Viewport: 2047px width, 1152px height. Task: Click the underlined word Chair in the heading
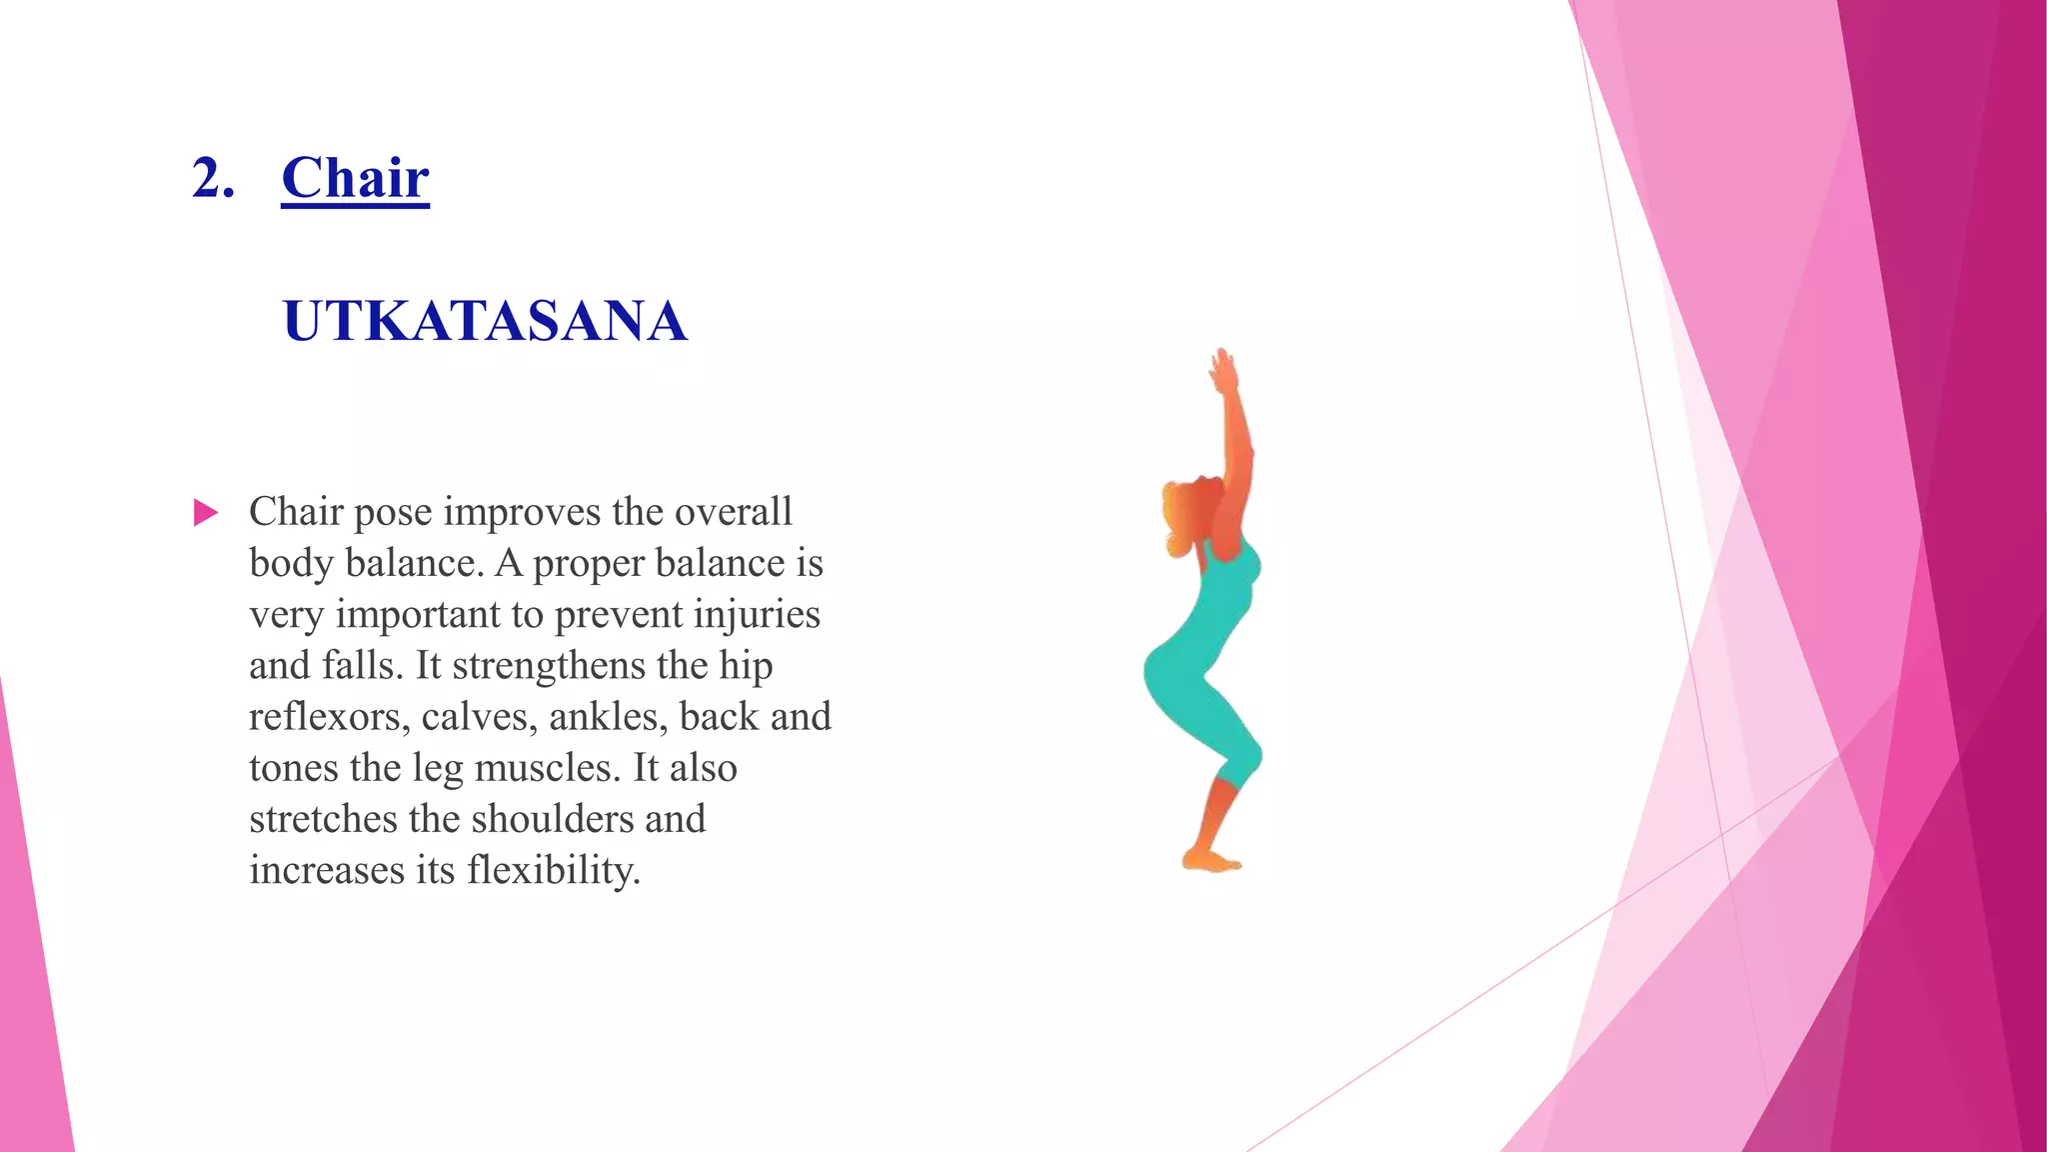355,179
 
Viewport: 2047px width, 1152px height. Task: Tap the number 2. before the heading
213,179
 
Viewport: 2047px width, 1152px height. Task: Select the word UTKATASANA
485,321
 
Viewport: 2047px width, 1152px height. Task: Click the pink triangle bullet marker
205,513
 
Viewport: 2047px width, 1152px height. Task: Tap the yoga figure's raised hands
1222,371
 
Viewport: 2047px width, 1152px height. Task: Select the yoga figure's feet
1210,860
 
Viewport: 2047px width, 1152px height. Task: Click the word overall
733,512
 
